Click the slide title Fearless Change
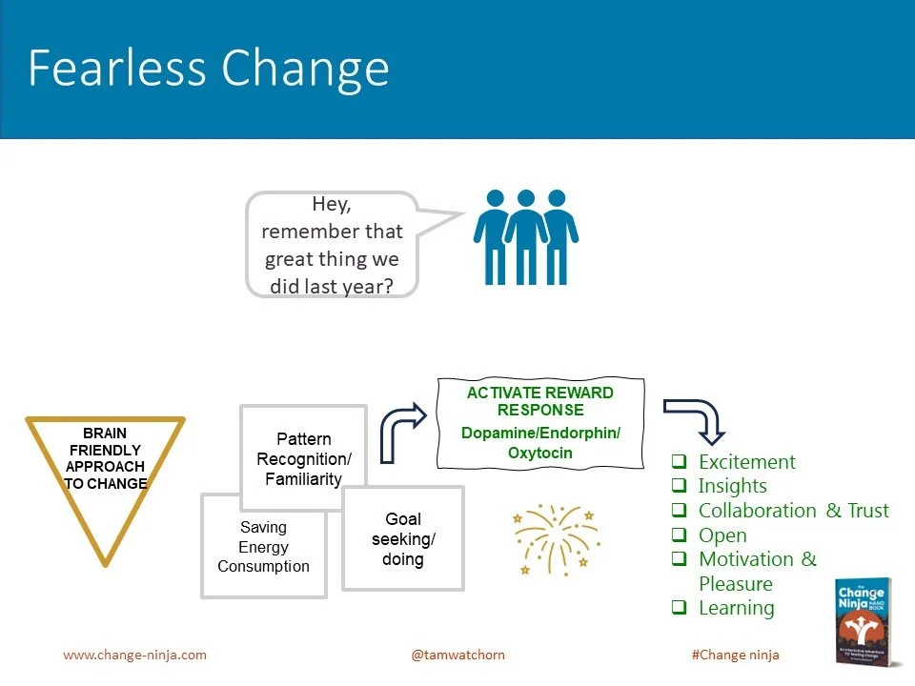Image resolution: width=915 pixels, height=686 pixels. (209, 68)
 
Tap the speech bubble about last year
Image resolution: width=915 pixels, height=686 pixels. (333, 245)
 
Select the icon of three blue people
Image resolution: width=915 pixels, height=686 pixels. (526, 236)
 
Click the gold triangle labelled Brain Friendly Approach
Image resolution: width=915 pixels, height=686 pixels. (106, 467)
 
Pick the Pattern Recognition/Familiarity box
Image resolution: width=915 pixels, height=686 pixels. (304, 458)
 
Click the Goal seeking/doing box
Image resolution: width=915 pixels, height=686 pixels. (402, 538)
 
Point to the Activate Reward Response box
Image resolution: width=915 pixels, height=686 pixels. (540, 422)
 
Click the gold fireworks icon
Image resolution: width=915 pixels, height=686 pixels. (554, 539)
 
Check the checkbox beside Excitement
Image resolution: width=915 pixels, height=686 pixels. (679, 462)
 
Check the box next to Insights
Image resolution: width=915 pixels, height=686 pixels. (679, 487)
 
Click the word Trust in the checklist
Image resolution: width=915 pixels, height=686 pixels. (867, 511)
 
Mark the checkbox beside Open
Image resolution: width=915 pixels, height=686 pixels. (679, 535)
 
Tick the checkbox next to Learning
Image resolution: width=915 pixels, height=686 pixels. (679, 608)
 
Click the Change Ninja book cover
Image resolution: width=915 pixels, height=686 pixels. (863, 620)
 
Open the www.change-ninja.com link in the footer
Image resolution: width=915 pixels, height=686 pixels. (134, 656)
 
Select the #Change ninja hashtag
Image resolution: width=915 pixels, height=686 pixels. (735, 656)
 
